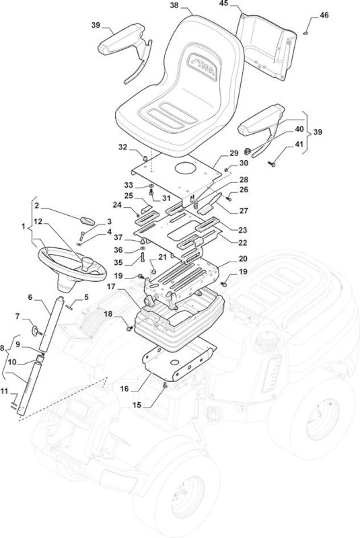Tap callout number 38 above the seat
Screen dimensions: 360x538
(175, 6)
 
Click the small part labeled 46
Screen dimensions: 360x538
(305, 33)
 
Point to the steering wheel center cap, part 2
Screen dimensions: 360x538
(87, 221)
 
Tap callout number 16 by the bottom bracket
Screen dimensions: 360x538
(124, 389)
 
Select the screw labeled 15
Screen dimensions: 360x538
(165, 385)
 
